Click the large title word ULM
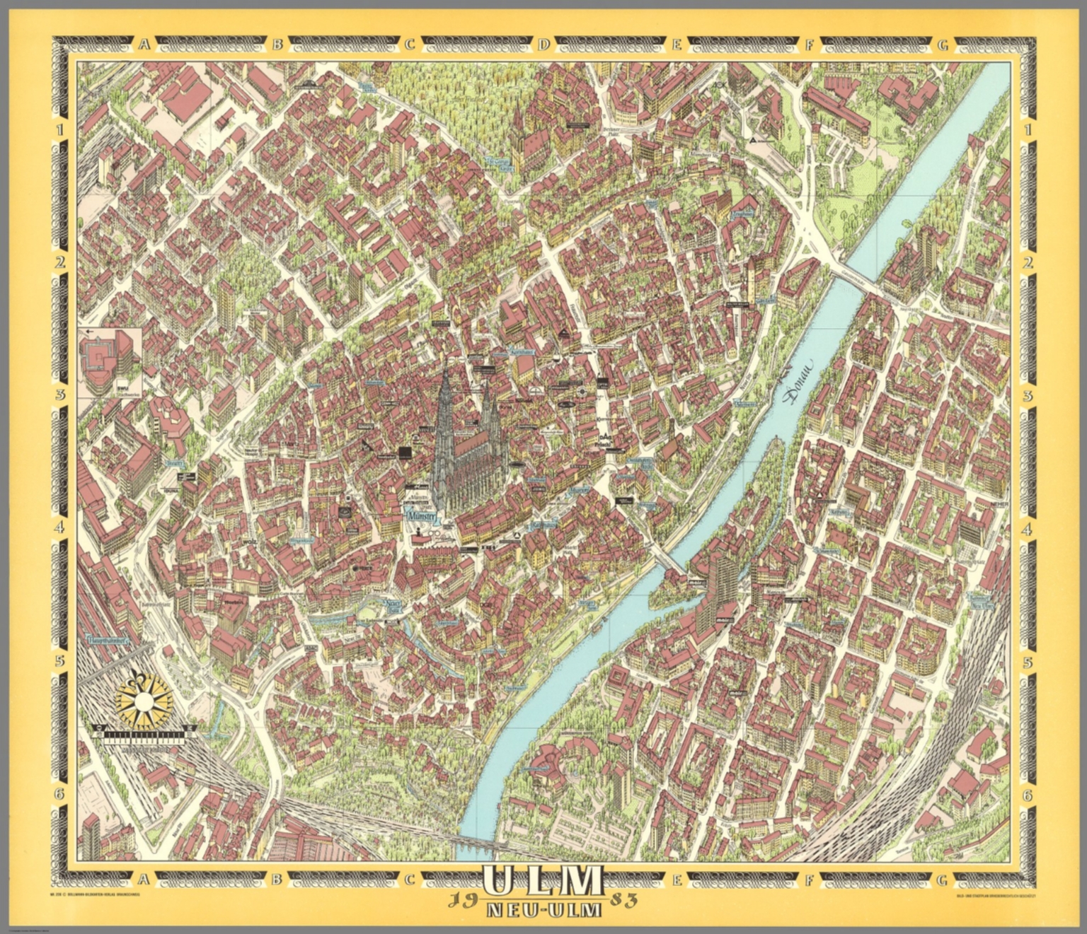coord(543,881)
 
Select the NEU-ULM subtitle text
coord(543,907)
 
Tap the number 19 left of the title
coord(460,900)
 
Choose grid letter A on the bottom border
coord(144,880)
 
